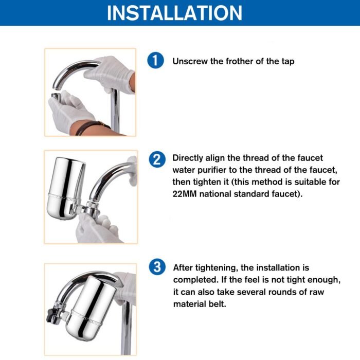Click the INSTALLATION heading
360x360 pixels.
174,13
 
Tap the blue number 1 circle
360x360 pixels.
155,60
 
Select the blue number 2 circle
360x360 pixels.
157,159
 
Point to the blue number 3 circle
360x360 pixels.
157,267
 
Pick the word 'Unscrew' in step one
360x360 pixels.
190,61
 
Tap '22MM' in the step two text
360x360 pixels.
185,194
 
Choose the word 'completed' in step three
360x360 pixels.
196,280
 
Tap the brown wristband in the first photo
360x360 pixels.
92,127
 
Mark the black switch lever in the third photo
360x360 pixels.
51,315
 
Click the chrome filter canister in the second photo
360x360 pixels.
65,188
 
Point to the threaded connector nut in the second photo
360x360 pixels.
92,208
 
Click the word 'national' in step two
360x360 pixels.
215,194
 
